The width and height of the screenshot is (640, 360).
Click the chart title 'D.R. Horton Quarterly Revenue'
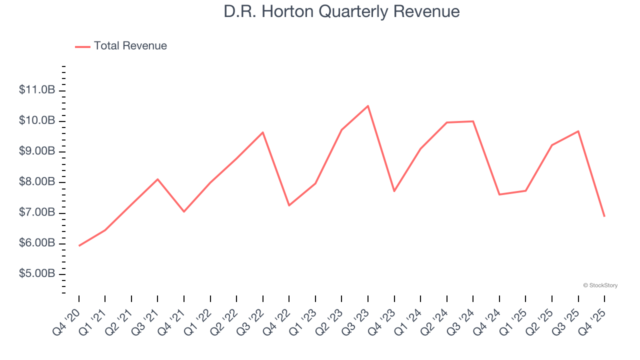(x=341, y=11)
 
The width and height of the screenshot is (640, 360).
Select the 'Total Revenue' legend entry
(x=130, y=46)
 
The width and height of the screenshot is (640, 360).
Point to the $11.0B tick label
(x=37, y=90)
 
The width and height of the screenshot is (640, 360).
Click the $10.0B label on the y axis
(x=37, y=121)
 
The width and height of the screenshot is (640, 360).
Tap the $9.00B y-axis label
(x=37, y=151)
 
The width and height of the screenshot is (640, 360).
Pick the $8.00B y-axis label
(x=37, y=182)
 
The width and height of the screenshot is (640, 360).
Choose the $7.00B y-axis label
(x=37, y=213)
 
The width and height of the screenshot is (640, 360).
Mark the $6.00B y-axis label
(x=37, y=243)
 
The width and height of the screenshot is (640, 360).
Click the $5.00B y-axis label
(x=37, y=274)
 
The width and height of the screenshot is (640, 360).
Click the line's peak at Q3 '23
(x=368, y=106)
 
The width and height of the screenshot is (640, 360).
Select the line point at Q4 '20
(x=79, y=245)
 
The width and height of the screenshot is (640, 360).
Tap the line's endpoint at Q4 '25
(x=604, y=216)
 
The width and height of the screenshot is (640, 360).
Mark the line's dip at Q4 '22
(x=289, y=205)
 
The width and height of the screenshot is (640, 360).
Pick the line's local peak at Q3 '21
(x=157, y=179)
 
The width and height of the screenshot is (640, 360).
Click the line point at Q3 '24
(x=473, y=121)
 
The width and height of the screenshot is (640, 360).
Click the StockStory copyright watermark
(x=600, y=285)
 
